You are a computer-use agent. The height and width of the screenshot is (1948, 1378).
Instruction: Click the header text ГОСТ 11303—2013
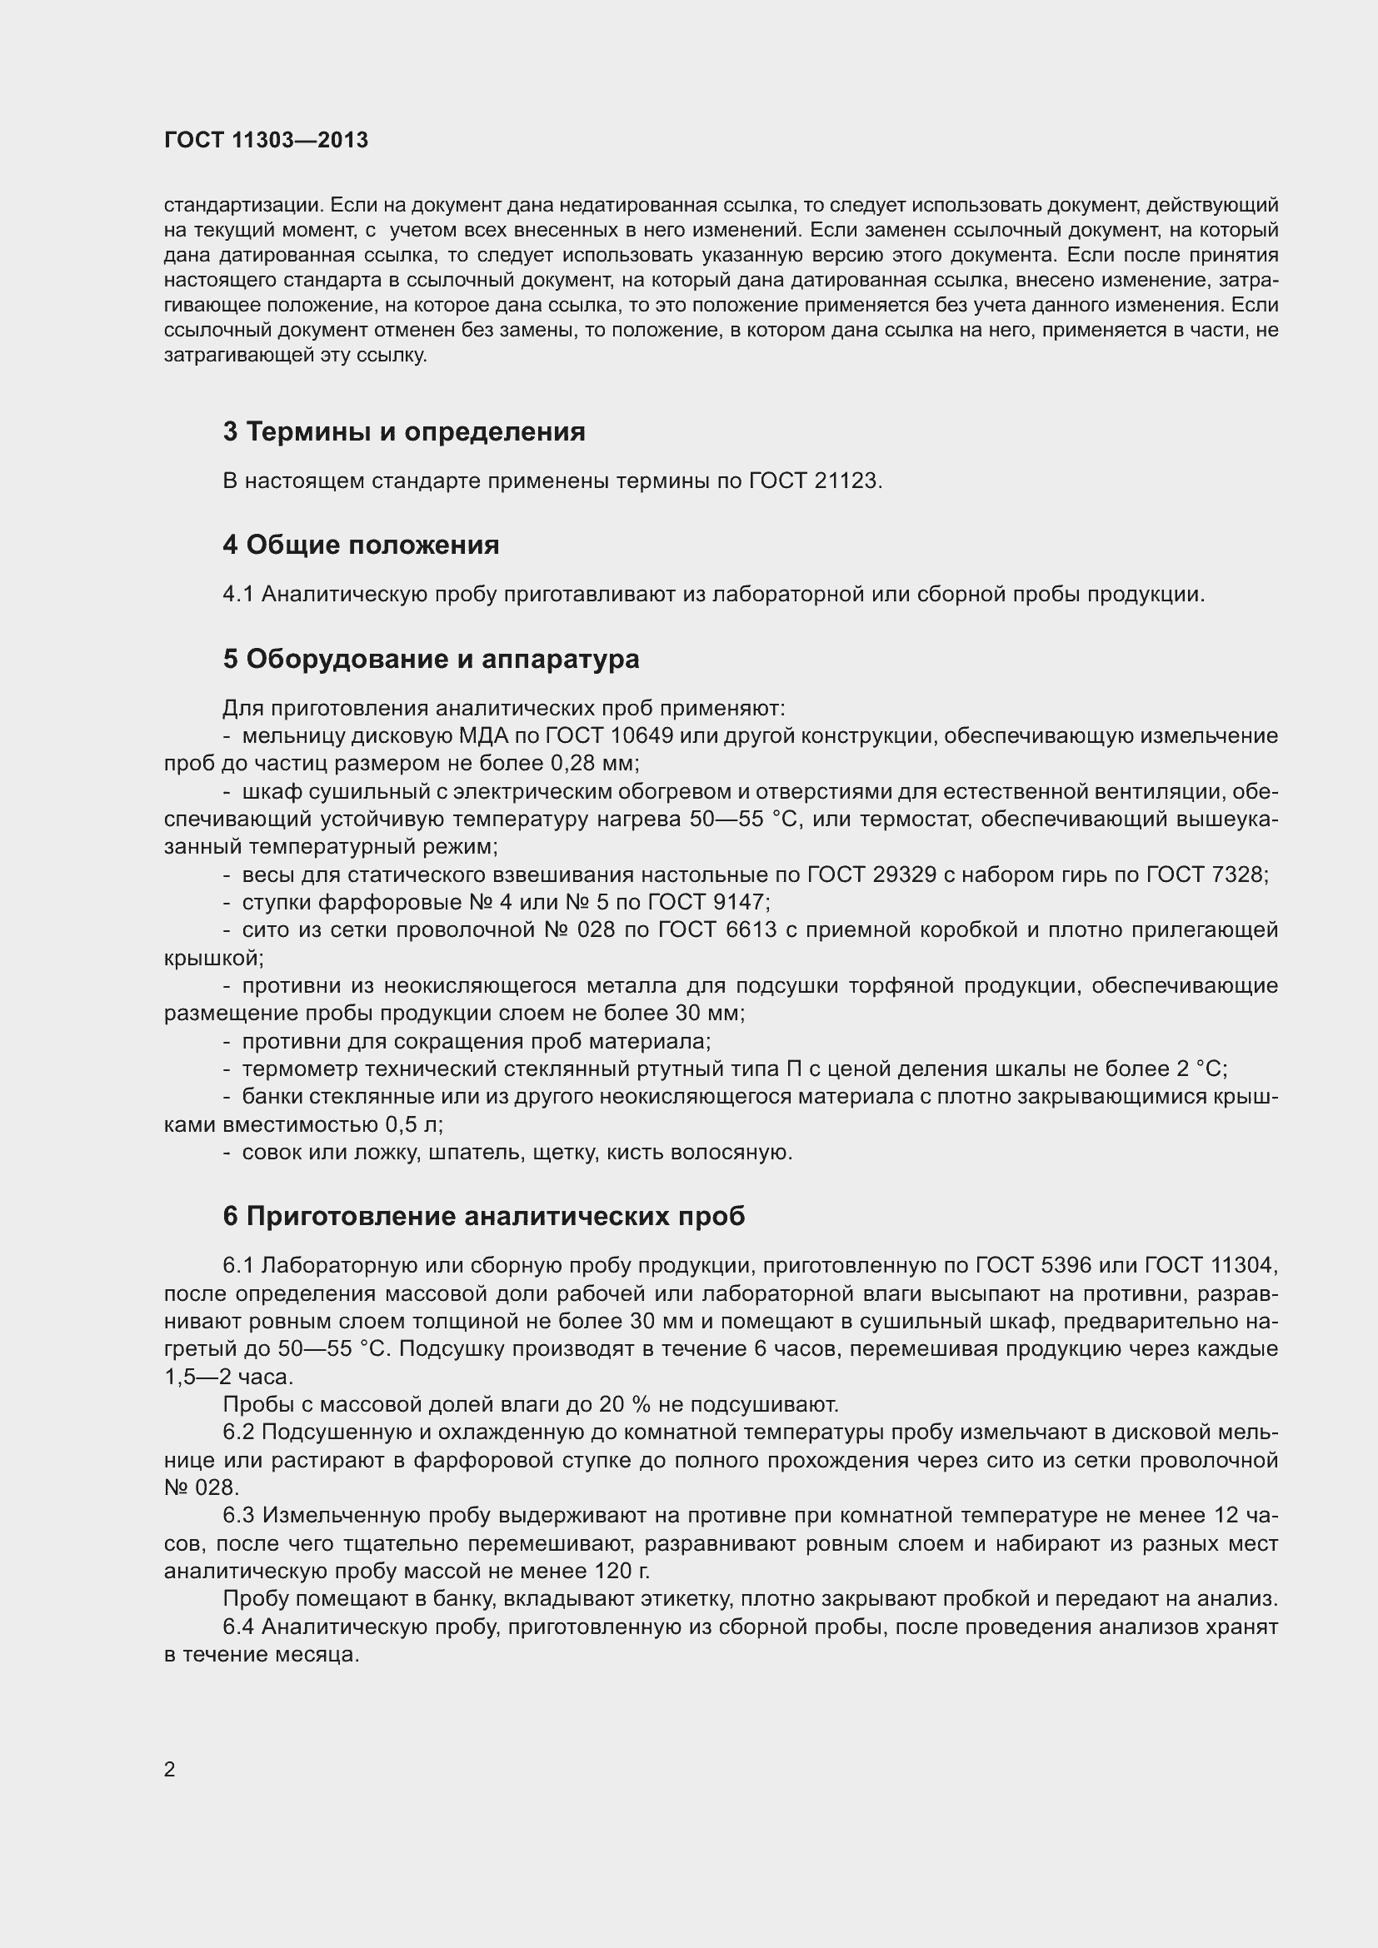pos(266,140)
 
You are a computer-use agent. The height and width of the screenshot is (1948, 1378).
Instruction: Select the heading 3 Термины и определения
pos(404,432)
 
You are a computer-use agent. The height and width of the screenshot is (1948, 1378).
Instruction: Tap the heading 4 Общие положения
pos(361,545)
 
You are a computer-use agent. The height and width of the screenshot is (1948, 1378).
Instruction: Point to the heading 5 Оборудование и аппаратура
pos(431,660)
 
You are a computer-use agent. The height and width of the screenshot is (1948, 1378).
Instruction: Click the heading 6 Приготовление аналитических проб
pos(484,1217)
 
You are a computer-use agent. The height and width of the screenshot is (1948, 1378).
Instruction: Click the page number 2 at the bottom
pos(170,1770)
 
